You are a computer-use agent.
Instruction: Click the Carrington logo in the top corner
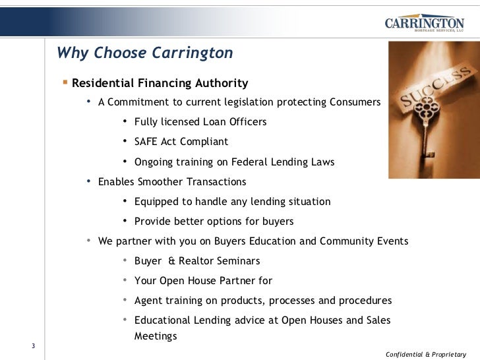[x=424, y=23]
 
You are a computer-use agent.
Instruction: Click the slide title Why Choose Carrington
[x=145, y=53]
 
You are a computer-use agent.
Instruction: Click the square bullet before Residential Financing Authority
[x=65, y=82]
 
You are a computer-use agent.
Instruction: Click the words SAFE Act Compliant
[x=181, y=142]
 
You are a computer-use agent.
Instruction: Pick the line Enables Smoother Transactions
[x=171, y=181]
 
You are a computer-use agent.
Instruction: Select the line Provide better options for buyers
[x=214, y=221]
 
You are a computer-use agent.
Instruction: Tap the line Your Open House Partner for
[x=203, y=280]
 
